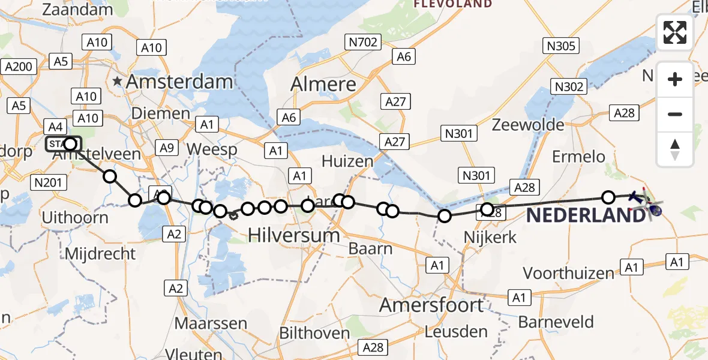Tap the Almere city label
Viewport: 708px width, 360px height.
coord(323,84)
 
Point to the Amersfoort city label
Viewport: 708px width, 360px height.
coord(431,305)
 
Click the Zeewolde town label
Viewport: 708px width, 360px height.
coord(528,125)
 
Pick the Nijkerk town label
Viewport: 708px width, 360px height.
coord(490,238)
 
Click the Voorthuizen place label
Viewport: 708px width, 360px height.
coord(569,273)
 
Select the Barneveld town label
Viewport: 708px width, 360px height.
coord(556,322)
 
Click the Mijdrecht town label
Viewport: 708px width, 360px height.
coord(100,253)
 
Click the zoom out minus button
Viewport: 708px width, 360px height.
coord(675,114)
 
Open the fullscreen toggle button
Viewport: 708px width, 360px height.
coord(675,32)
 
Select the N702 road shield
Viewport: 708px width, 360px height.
coord(362,42)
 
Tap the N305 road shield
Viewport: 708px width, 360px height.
coord(560,46)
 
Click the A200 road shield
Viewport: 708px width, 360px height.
coord(18,67)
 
